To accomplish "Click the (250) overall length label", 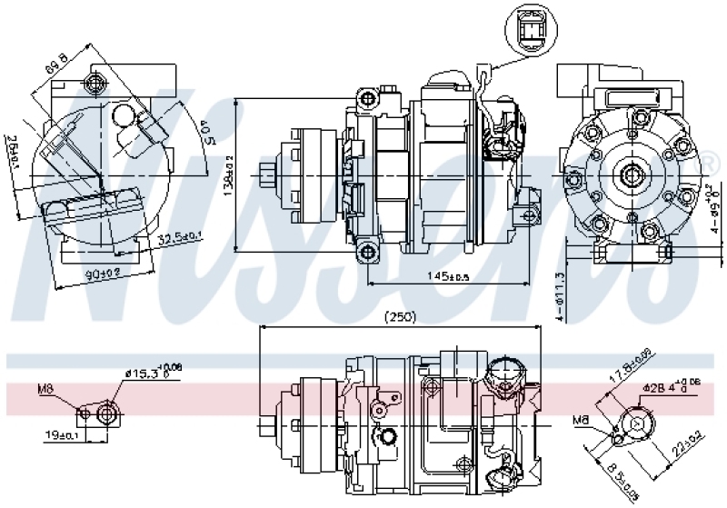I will pos(399,317).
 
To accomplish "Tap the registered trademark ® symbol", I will pos(708,164).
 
